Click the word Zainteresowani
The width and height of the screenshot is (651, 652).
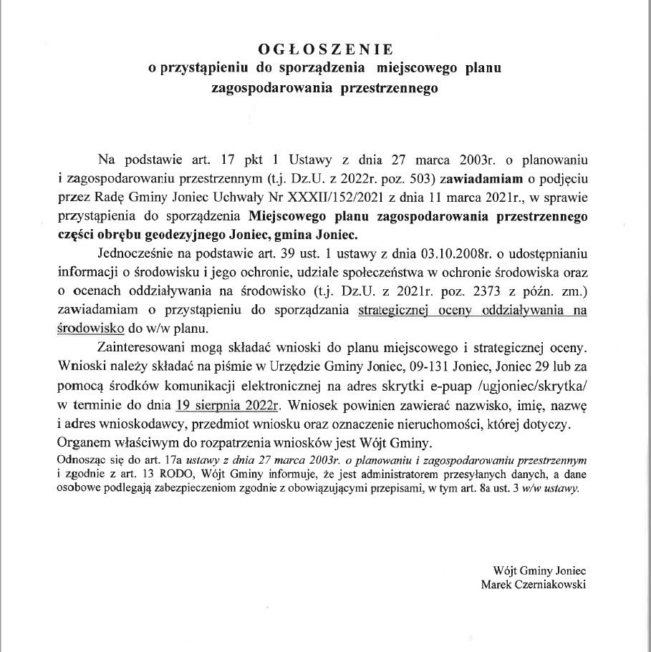pyautogui.click(x=143, y=349)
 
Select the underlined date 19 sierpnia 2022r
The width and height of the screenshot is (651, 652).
pyautogui.click(x=226, y=407)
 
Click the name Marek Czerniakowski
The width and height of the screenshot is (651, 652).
pyautogui.click(x=534, y=584)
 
